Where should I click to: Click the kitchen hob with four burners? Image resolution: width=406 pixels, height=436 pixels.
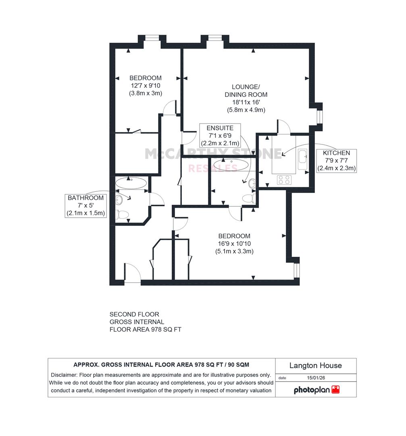(284, 180)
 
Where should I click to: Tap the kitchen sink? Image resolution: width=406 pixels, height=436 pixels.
(302, 159)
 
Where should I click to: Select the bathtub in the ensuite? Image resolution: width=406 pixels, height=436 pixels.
(231, 164)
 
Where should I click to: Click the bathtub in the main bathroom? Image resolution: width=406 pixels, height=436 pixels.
(131, 183)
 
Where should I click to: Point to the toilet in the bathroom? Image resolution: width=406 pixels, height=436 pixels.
(122, 215)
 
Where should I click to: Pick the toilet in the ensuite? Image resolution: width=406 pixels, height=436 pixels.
(249, 199)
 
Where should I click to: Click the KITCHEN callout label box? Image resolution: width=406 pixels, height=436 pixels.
(336, 161)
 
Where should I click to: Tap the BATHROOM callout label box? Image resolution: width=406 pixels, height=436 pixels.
(85, 206)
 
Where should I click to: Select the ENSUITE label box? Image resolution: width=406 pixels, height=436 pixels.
(220, 135)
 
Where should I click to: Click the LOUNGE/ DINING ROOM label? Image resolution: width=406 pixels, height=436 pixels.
(246, 91)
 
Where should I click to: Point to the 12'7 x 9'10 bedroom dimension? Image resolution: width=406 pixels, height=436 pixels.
(146, 86)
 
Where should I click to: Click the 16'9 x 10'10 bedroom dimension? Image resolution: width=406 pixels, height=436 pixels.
(234, 243)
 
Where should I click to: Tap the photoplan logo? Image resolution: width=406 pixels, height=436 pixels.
(316, 390)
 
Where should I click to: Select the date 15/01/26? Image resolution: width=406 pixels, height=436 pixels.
(316, 378)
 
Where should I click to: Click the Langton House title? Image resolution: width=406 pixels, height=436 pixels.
(315, 365)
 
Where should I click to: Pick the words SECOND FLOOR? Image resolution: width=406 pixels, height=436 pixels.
(134, 314)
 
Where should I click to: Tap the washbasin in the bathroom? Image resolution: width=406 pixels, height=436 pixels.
(119, 199)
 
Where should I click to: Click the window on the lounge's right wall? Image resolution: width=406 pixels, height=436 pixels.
(320, 117)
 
